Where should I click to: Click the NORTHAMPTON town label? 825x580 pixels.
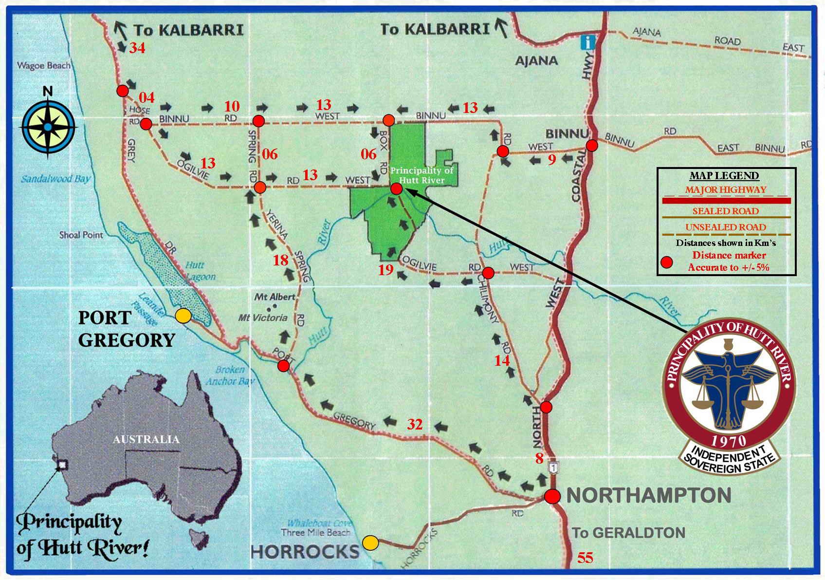(x=649, y=496)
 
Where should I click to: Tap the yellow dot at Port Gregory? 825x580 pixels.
(x=183, y=316)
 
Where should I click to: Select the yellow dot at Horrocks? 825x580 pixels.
(x=370, y=543)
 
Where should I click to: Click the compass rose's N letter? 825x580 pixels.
(x=48, y=91)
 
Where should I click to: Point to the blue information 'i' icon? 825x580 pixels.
(x=588, y=42)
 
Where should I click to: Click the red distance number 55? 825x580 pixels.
(x=586, y=558)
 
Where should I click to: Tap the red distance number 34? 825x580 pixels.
(x=137, y=48)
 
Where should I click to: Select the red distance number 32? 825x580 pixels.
(x=415, y=425)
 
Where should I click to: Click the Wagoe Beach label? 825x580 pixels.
(x=44, y=65)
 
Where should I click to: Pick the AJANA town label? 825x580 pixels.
(x=536, y=61)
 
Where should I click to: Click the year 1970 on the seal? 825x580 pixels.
(x=729, y=441)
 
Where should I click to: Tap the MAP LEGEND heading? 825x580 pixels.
(x=724, y=176)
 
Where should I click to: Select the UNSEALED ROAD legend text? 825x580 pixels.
(x=725, y=227)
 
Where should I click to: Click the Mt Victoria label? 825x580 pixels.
(x=263, y=318)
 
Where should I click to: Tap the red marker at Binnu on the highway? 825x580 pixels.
(x=591, y=145)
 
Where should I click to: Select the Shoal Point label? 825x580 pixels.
(x=81, y=235)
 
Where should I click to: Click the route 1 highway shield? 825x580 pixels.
(x=553, y=468)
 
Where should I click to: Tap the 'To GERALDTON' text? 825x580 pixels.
(x=628, y=533)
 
